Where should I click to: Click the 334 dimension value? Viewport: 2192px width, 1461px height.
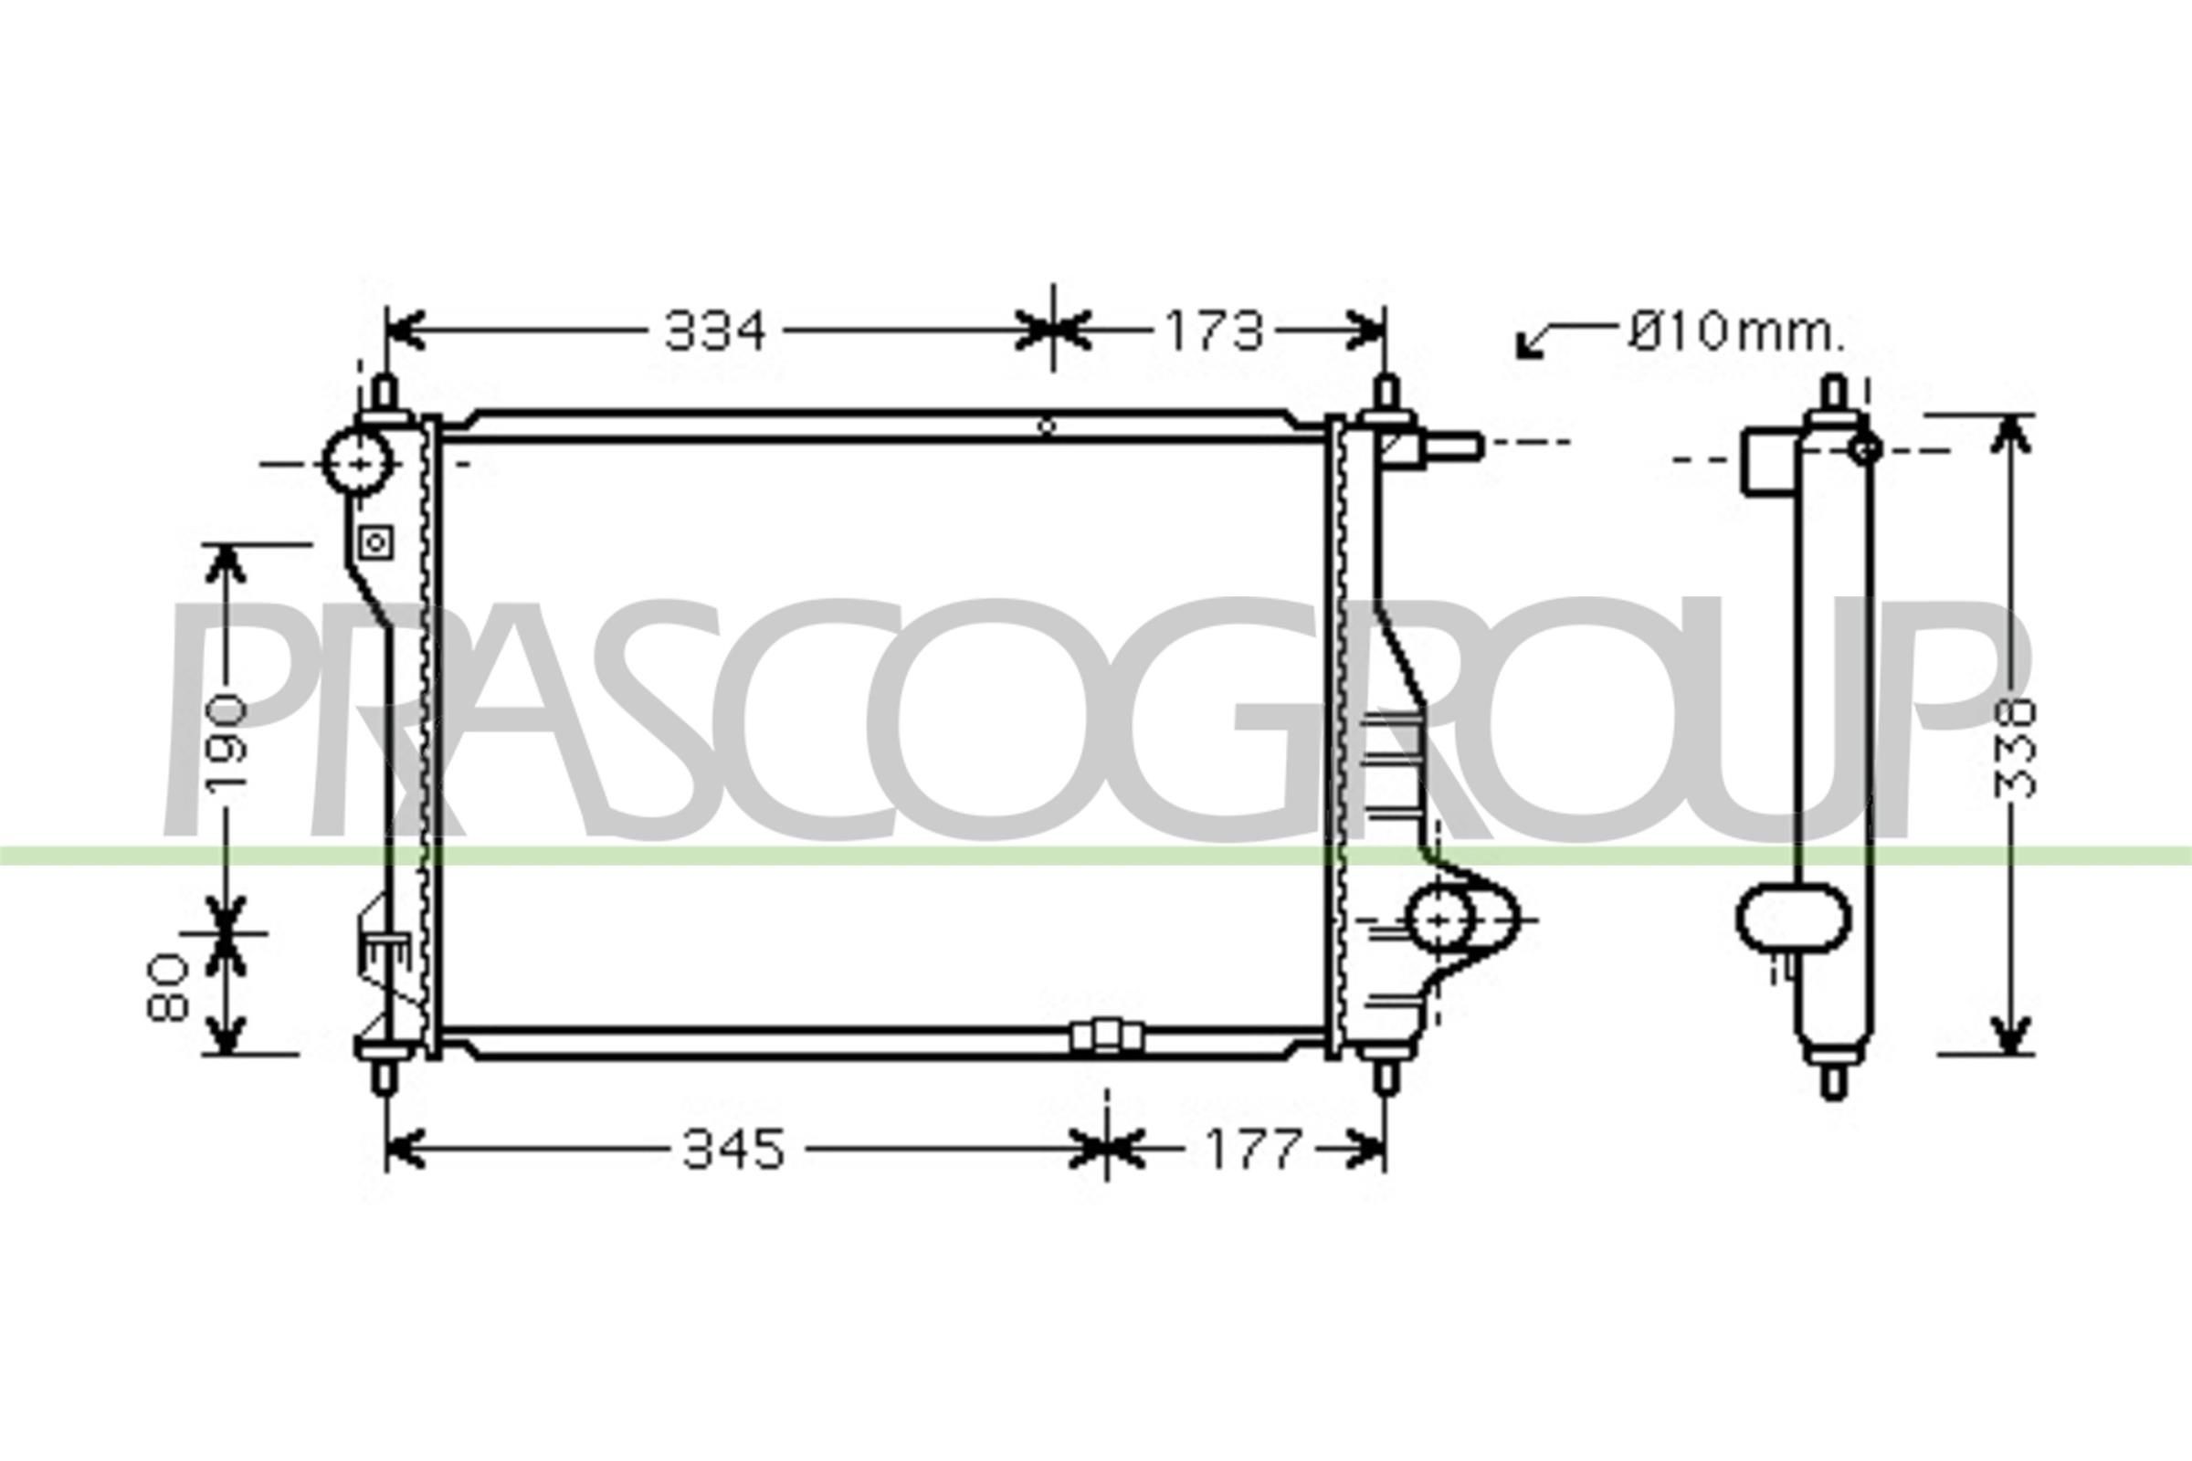pos(715,331)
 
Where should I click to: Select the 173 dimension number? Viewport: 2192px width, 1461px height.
pos(1215,331)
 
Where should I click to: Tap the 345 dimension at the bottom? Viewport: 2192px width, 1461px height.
pos(734,1149)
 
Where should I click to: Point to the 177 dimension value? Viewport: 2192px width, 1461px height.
pos(1252,1149)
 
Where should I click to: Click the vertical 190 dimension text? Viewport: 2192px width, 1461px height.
pos(227,741)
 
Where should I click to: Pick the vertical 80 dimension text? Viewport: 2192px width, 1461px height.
pos(171,988)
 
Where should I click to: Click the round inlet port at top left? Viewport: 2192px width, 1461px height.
pos(357,461)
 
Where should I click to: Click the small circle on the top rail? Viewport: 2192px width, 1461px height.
pos(1048,426)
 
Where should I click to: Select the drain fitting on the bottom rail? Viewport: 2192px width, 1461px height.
pos(1106,1036)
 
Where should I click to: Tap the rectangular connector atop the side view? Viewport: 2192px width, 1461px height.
pos(1768,459)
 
